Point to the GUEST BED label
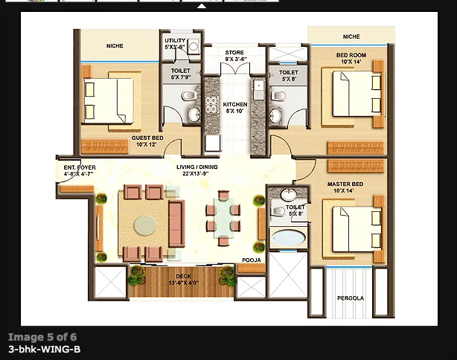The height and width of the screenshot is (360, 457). (147, 141)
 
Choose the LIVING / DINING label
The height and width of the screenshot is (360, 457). (197, 171)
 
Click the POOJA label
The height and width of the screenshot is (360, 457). (250, 260)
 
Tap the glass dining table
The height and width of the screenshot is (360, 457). (223, 216)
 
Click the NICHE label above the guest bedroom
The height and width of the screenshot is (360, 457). (115, 46)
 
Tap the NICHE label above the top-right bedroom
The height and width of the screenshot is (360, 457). (351, 36)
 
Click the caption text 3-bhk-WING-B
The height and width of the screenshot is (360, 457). (44, 349)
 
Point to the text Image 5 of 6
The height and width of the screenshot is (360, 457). (42, 337)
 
